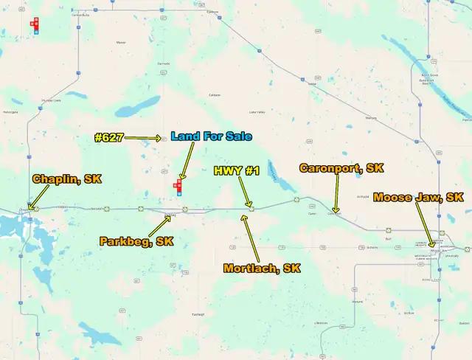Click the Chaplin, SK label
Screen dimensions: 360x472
tap(66, 179)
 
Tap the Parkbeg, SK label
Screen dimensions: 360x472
tap(136, 241)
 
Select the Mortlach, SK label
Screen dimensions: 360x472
tap(262, 269)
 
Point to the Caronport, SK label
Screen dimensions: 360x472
tap(341, 168)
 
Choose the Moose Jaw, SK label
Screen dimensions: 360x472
tap(418, 197)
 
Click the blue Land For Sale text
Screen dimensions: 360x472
tap(211, 136)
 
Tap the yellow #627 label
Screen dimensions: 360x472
tap(109, 137)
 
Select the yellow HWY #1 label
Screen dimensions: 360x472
tap(237, 171)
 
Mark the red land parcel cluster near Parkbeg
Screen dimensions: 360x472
tap(178, 187)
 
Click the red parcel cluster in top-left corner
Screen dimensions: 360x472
tap(34, 24)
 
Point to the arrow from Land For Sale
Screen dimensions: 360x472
tap(187, 161)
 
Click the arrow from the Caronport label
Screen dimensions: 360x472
tap(335, 194)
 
